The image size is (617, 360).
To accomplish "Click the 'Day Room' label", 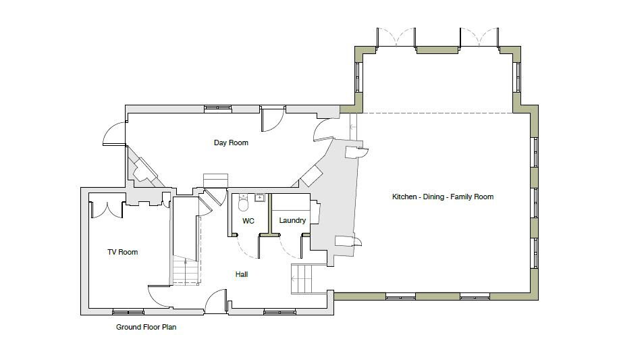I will pyautogui.click(x=231, y=143).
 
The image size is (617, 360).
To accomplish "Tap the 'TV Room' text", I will pyautogui.click(x=122, y=252).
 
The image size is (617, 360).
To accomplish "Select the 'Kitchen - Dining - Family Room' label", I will pyautogui.click(x=443, y=197).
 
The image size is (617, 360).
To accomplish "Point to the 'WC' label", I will pyautogui.click(x=248, y=221).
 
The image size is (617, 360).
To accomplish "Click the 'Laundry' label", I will pyautogui.click(x=292, y=220).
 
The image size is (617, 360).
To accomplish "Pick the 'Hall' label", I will pyautogui.click(x=242, y=274).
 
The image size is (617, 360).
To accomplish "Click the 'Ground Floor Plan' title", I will pyautogui.click(x=146, y=327).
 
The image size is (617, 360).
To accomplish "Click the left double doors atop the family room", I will pyautogui.click(x=396, y=38).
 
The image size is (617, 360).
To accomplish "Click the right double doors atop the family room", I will pyautogui.click(x=479, y=38).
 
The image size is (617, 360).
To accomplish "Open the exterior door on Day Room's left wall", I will pyautogui.click(x=114, y=134).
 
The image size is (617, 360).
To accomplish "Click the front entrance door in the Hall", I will pyautogui.click(x=216, y=301).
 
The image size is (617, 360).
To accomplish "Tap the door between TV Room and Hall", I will pyautogui.click(x=160, y=295).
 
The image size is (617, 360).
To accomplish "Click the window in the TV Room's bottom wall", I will pyautogui.click(x=128, y=311).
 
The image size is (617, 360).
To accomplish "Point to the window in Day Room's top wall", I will pyautogui.click(x=218, y=108).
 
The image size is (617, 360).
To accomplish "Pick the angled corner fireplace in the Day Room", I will pyautogui.click(x=144, y=170).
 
